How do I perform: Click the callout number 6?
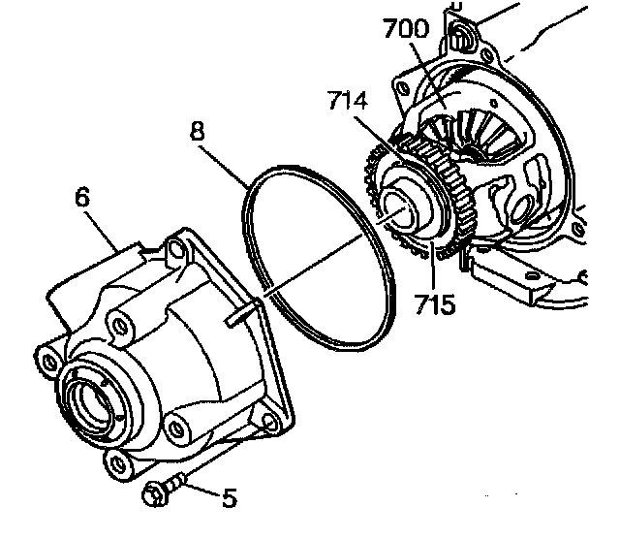(83, 197)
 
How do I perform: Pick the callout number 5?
(229, 498)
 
